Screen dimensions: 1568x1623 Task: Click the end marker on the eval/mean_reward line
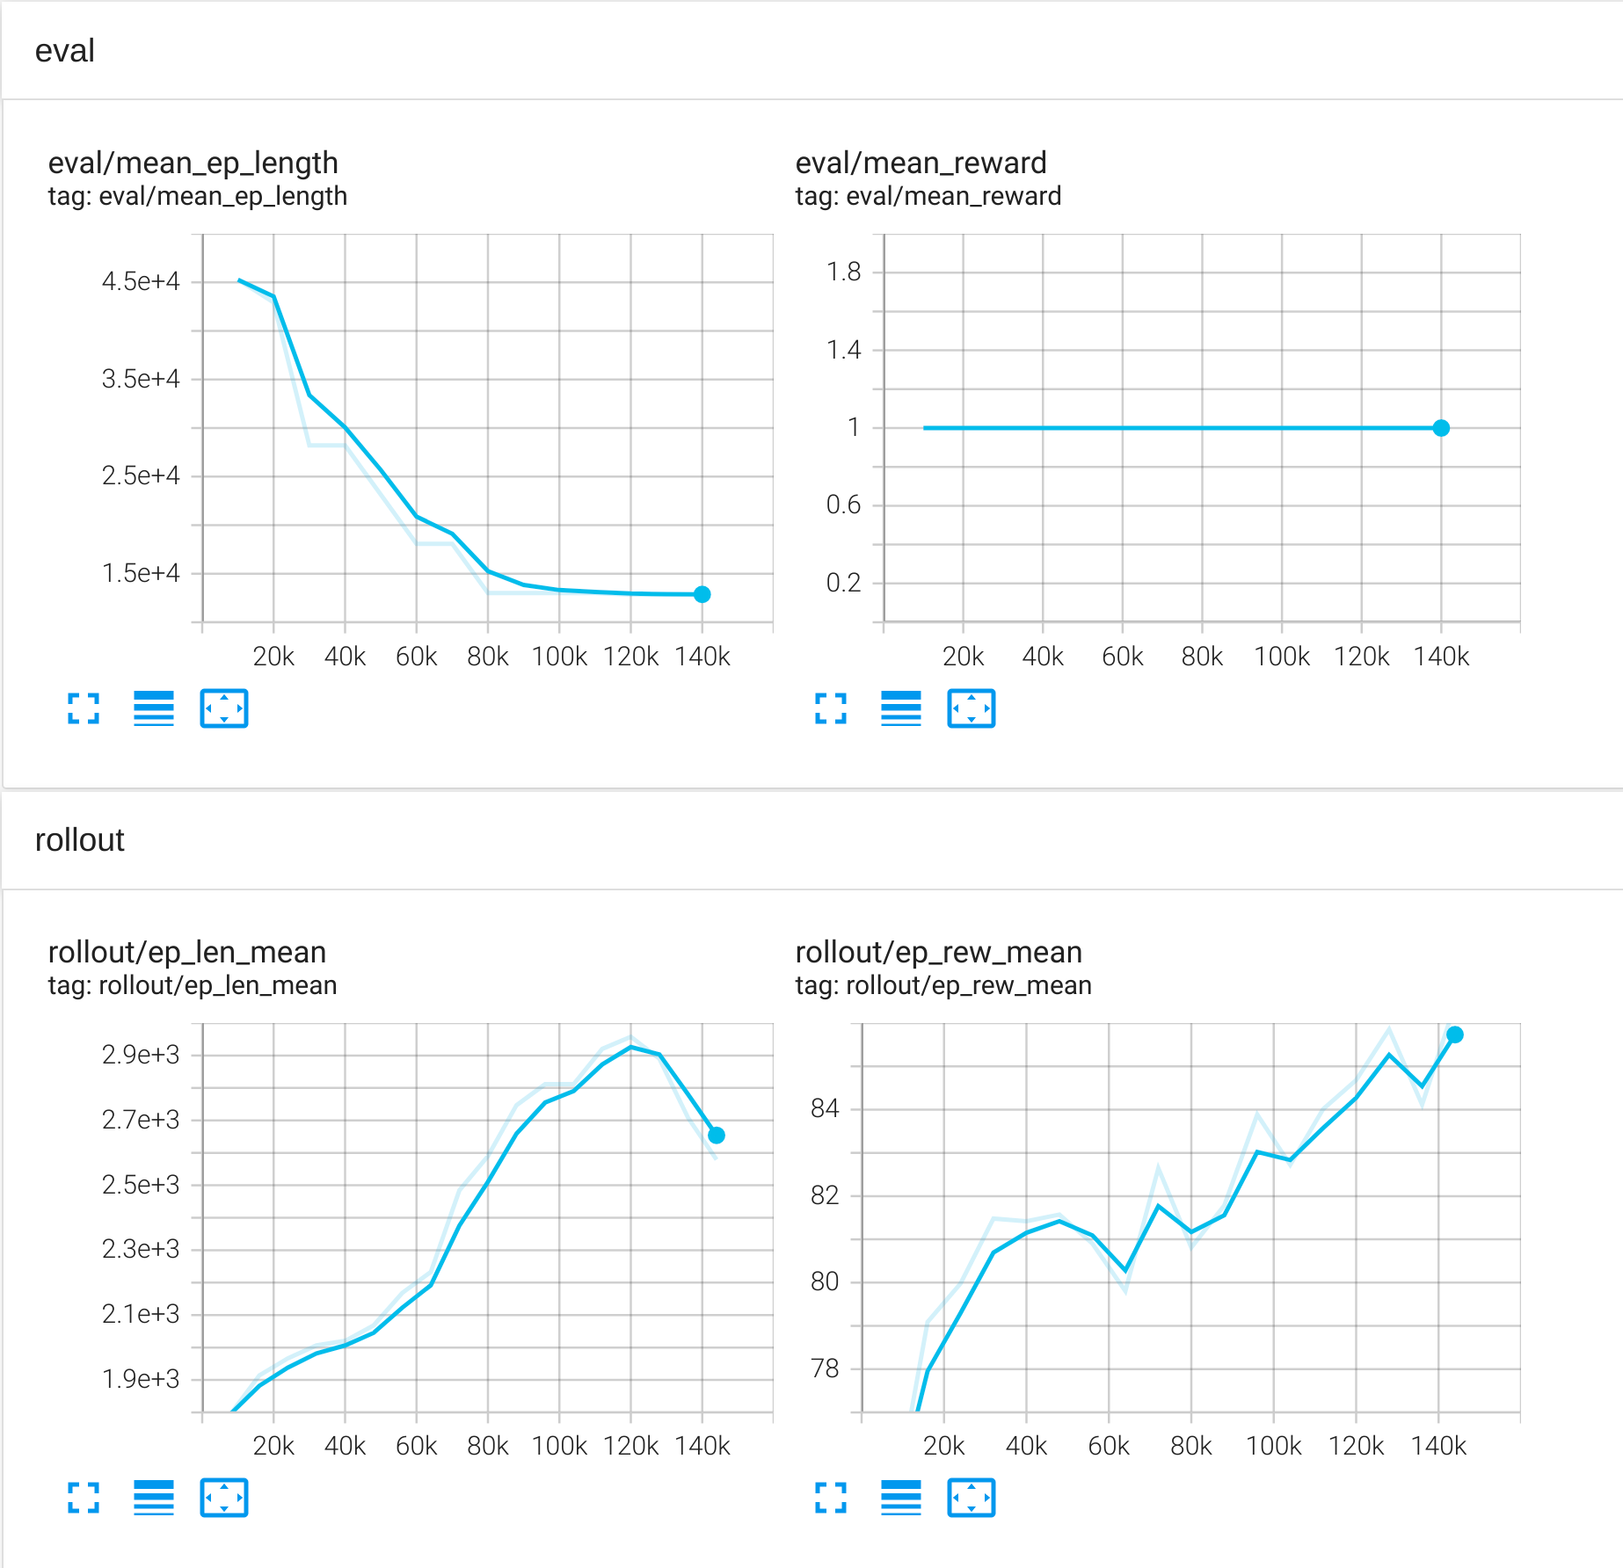pyautogui.click(x=1441, y=428)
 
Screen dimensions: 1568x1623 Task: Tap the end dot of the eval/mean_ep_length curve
pyautogui.click(x=702, y=594)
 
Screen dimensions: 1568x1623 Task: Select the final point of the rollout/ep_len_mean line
pyautogui.click(x=717, y=1136)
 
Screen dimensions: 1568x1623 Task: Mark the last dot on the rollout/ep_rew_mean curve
pyautogui.click(x=1455, y=1034)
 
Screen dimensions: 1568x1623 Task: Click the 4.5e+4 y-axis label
pyautogui.click(x=141, y=281)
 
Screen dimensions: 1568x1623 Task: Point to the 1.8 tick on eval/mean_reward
pyautogui.click(x=843, y=272)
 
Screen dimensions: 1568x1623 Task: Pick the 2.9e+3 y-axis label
pyautogui.click(x=141, y=1054)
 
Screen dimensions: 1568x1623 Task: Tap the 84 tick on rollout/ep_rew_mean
pyautogui.click(x=825, y=1108)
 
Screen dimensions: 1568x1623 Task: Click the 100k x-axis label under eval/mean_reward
pyautogui.click(x=1281, y=657)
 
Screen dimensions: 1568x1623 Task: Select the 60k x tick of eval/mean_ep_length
pyautogui.click(x=416, y=657)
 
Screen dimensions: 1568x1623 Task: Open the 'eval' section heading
pyautogui.click(x=65, y=51)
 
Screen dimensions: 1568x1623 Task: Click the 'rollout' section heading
pyautogui.click(x=80, y=840)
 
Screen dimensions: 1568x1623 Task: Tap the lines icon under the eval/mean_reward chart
pyautogui.click(x=901, y=708)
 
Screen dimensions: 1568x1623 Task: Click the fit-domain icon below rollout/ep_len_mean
pyautogui.click(x=224, y=1498)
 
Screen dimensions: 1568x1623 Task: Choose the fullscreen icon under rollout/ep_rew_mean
pyautogui.click(x=831, y=1498)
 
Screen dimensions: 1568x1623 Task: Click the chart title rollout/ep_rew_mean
pyautogui.click(x=938, y=952)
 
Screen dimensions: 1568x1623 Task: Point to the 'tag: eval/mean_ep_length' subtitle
pyautogui.click(x=198, y=196)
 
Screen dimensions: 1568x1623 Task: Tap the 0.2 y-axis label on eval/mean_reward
pyautogui.click(x=843, y=583)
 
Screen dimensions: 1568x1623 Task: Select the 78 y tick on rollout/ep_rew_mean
pyautogui.click(x=825, y=1368)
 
